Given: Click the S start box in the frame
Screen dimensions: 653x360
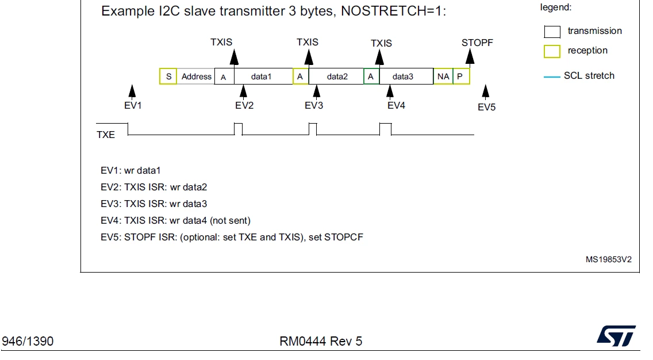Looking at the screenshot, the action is (168, 76).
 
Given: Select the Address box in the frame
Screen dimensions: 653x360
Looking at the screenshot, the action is (196, 76).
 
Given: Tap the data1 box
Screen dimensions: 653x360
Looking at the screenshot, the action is (263, 76).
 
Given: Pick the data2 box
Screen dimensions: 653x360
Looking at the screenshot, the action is (336, 76).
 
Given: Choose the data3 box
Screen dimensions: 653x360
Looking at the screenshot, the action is (406, 76).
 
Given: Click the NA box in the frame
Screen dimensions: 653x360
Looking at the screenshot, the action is (443, 76).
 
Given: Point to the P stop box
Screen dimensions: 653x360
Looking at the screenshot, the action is (462, 76).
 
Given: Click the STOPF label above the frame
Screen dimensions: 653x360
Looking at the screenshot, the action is (477, 43).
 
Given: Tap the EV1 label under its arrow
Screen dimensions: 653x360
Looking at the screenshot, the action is (133, 105).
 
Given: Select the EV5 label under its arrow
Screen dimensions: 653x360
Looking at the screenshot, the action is (486, 107).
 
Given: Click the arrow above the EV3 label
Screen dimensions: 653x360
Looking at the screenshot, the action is (317, 91).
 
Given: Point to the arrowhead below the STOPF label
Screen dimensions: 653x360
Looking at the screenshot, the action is (470, 56).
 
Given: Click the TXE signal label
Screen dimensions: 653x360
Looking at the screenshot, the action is (106, 135).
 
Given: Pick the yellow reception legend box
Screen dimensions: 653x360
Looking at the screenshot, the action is (552, 51).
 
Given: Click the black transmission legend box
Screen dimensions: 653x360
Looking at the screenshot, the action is (552, 32).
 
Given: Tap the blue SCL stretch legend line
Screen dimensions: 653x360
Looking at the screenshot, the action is (552, 76).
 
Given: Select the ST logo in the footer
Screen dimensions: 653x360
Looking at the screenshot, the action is (616, 336).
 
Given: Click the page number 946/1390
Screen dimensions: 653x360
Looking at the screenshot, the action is (28, 341).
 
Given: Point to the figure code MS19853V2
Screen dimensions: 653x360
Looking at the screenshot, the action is (608, 259).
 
